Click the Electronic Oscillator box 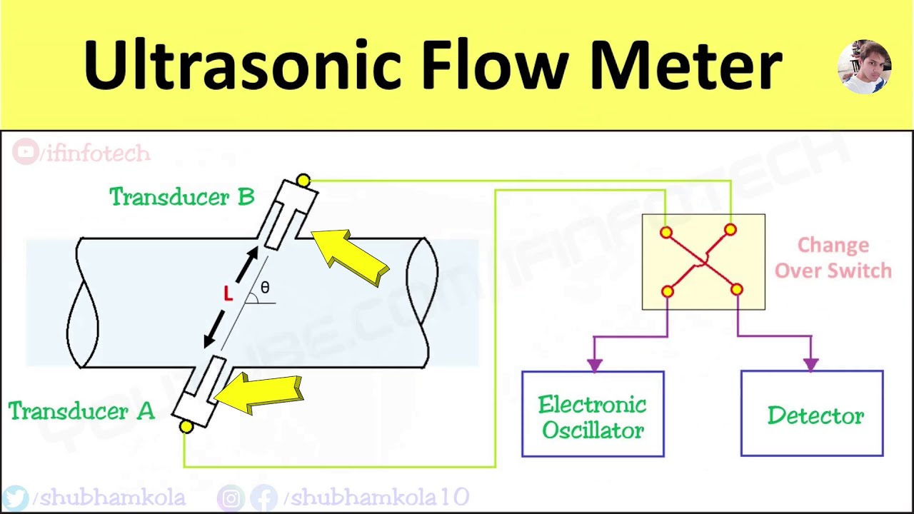pyautogui.click(x=593, y=414)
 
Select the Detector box pyautogui.click(x=812, y=414)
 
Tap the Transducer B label pyautogui.click(x=181, y=196)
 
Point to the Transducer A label pyautogui.click(x=81, y=411)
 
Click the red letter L pyautogui.click(x=228, y=293)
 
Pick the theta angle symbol pyautogui.click(x=265, y=288)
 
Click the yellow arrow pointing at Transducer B pyautogui.click(x=351, y=256)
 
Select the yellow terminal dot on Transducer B pyautogui.click(x=303, y=181)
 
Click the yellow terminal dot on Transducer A pyautogui.click(x=186, y=427)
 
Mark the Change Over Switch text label pyautogui.click(x=833, y=258)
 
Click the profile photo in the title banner pyautogui.click(x=864, y=67)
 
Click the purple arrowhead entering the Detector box pyautogui.click(x=810, y=364)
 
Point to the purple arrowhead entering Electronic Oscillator pyautogui.click(x=594, y=364)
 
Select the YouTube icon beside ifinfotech pyautogui.click(x=26, y=153)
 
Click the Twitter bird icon pyautogui.click(x=16, y=498)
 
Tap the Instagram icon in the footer pyautogui.click(x=231, y=498)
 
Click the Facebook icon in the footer pyautogui.click(x=264, y=498)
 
